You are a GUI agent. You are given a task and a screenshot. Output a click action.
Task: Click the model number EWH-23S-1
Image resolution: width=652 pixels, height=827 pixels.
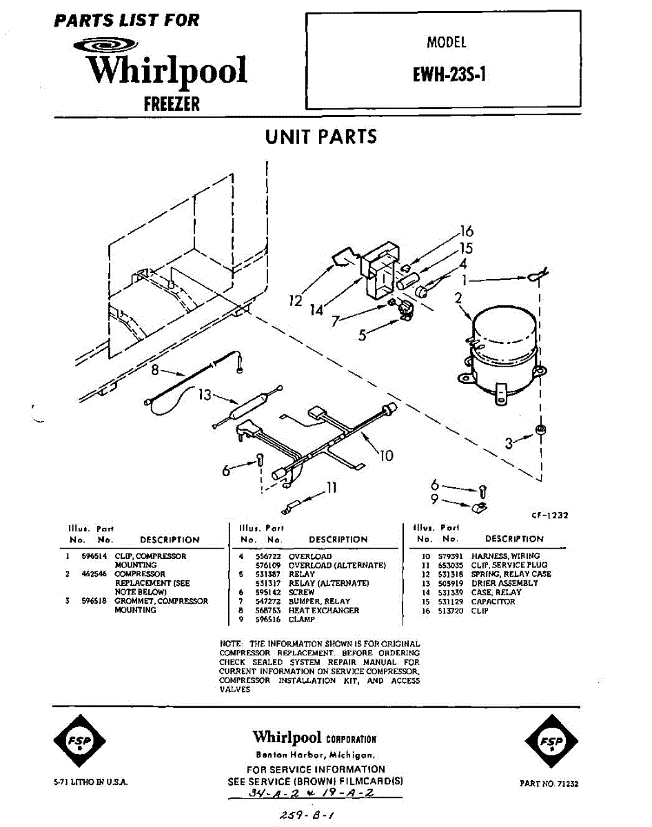[x=449, y=74]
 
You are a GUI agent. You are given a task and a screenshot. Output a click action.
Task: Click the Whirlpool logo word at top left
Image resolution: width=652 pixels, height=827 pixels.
[x=166, y=71]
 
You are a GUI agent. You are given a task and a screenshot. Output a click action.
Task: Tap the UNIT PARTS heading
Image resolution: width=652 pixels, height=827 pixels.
[x=321, y=136]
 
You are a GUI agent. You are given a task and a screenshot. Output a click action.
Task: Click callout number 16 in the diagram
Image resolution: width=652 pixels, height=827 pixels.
[x=467, y=232]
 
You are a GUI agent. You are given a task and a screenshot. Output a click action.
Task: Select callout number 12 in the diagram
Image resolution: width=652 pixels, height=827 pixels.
[x=296, y=301]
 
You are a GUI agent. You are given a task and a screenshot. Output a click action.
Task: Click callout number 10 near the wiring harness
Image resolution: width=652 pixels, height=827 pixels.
[x=387, y=456]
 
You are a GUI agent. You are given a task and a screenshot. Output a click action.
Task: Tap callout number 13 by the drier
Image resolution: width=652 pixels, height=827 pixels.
[x=205, y=395]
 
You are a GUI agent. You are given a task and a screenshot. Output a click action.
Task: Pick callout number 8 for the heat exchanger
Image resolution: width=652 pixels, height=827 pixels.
[x=155, y=370]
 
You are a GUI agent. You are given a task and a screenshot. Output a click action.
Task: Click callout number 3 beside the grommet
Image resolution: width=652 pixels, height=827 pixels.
[x=509, y=444]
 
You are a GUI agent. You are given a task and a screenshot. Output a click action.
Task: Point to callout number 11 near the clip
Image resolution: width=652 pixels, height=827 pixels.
[x=332, y=487]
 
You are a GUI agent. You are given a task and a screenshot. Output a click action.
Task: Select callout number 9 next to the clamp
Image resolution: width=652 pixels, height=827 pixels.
[x=435, y=500]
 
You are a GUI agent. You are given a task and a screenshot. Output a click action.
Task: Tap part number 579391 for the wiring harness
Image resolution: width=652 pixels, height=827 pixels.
[x=449, y=556]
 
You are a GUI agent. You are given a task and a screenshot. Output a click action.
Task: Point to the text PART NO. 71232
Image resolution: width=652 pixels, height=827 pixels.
[x=549, y=784]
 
